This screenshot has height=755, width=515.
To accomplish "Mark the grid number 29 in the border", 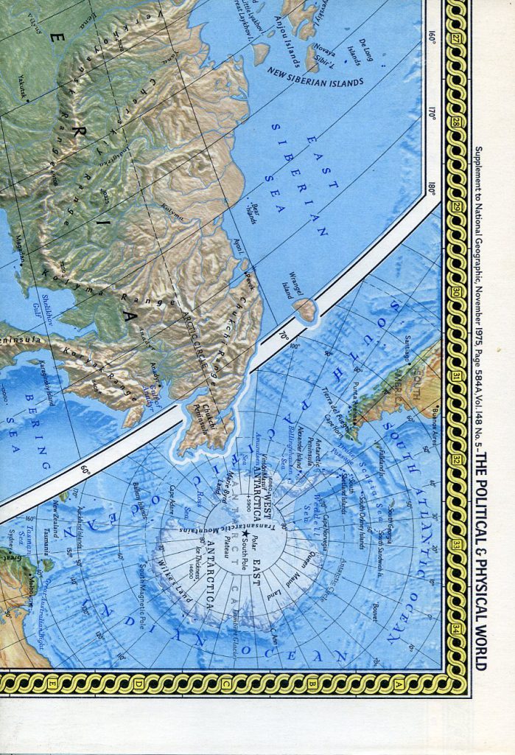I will pyautogui.click(x=457, y=208).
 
